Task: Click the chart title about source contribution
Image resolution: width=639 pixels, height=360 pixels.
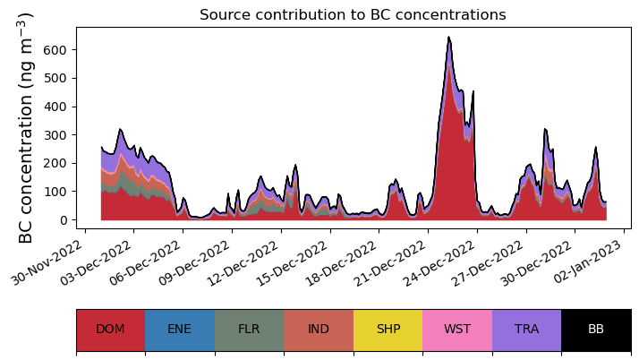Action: click(353, 15)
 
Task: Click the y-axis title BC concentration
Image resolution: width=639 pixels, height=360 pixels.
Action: click(26, 127)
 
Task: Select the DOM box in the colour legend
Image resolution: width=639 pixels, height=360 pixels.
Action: click(110, 329)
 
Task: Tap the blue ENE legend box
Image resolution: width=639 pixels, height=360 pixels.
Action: click(179, 329)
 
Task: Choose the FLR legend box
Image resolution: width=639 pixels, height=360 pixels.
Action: click(249, 329)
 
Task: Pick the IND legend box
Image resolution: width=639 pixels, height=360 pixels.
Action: click(319, 329)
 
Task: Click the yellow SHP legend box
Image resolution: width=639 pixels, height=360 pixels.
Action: click(388, 329)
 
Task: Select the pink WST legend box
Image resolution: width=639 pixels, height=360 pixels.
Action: click(456, 329)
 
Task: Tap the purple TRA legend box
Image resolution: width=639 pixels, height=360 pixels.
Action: click(526, 329)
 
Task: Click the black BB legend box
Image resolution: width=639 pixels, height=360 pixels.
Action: click(596, 329)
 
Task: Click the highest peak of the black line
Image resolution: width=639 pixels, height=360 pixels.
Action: click(448, 38)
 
